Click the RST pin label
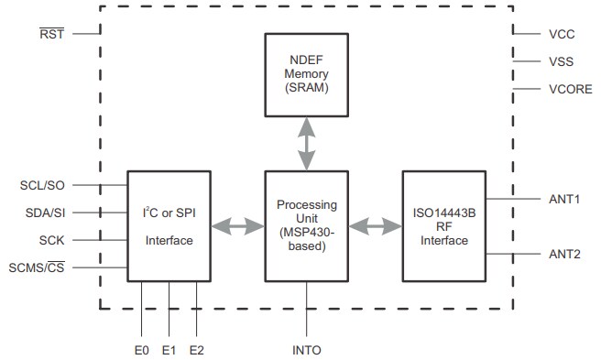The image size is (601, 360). [x=51, y=34]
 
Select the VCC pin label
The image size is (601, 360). [x=561, y=34]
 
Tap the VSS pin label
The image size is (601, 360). [x=561, y=61]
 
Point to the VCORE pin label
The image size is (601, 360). [x=569, y=89]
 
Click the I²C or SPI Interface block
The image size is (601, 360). [x=169, y=224]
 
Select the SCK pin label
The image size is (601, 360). [x=51, y=240]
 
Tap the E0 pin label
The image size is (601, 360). [x=142, y=349]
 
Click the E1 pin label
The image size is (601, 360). [x=169, y=349]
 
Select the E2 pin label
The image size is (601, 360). [x=196, y=349]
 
